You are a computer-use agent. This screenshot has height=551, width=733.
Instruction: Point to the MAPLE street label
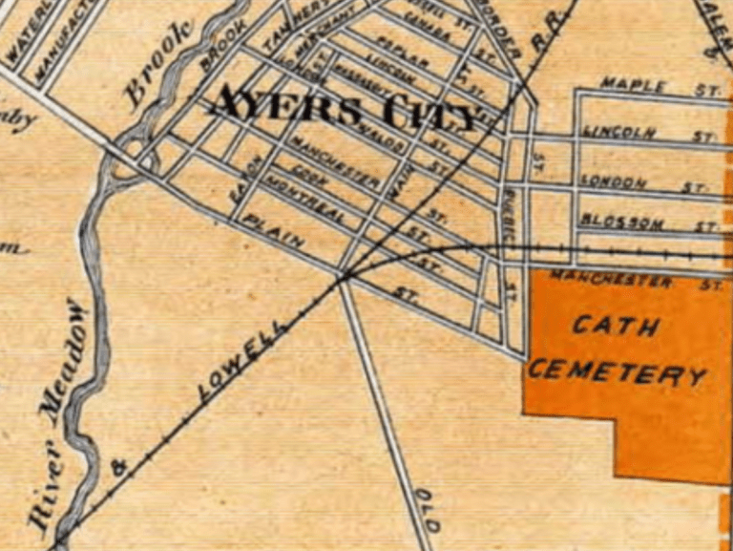point(633,85)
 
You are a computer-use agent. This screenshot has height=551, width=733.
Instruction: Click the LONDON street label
point(615,181)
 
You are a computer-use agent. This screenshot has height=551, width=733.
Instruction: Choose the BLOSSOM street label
point(622,222)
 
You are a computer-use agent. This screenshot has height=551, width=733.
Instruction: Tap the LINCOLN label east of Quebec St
point(619,132)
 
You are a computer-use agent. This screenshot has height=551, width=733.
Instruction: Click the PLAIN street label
point(274,232)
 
